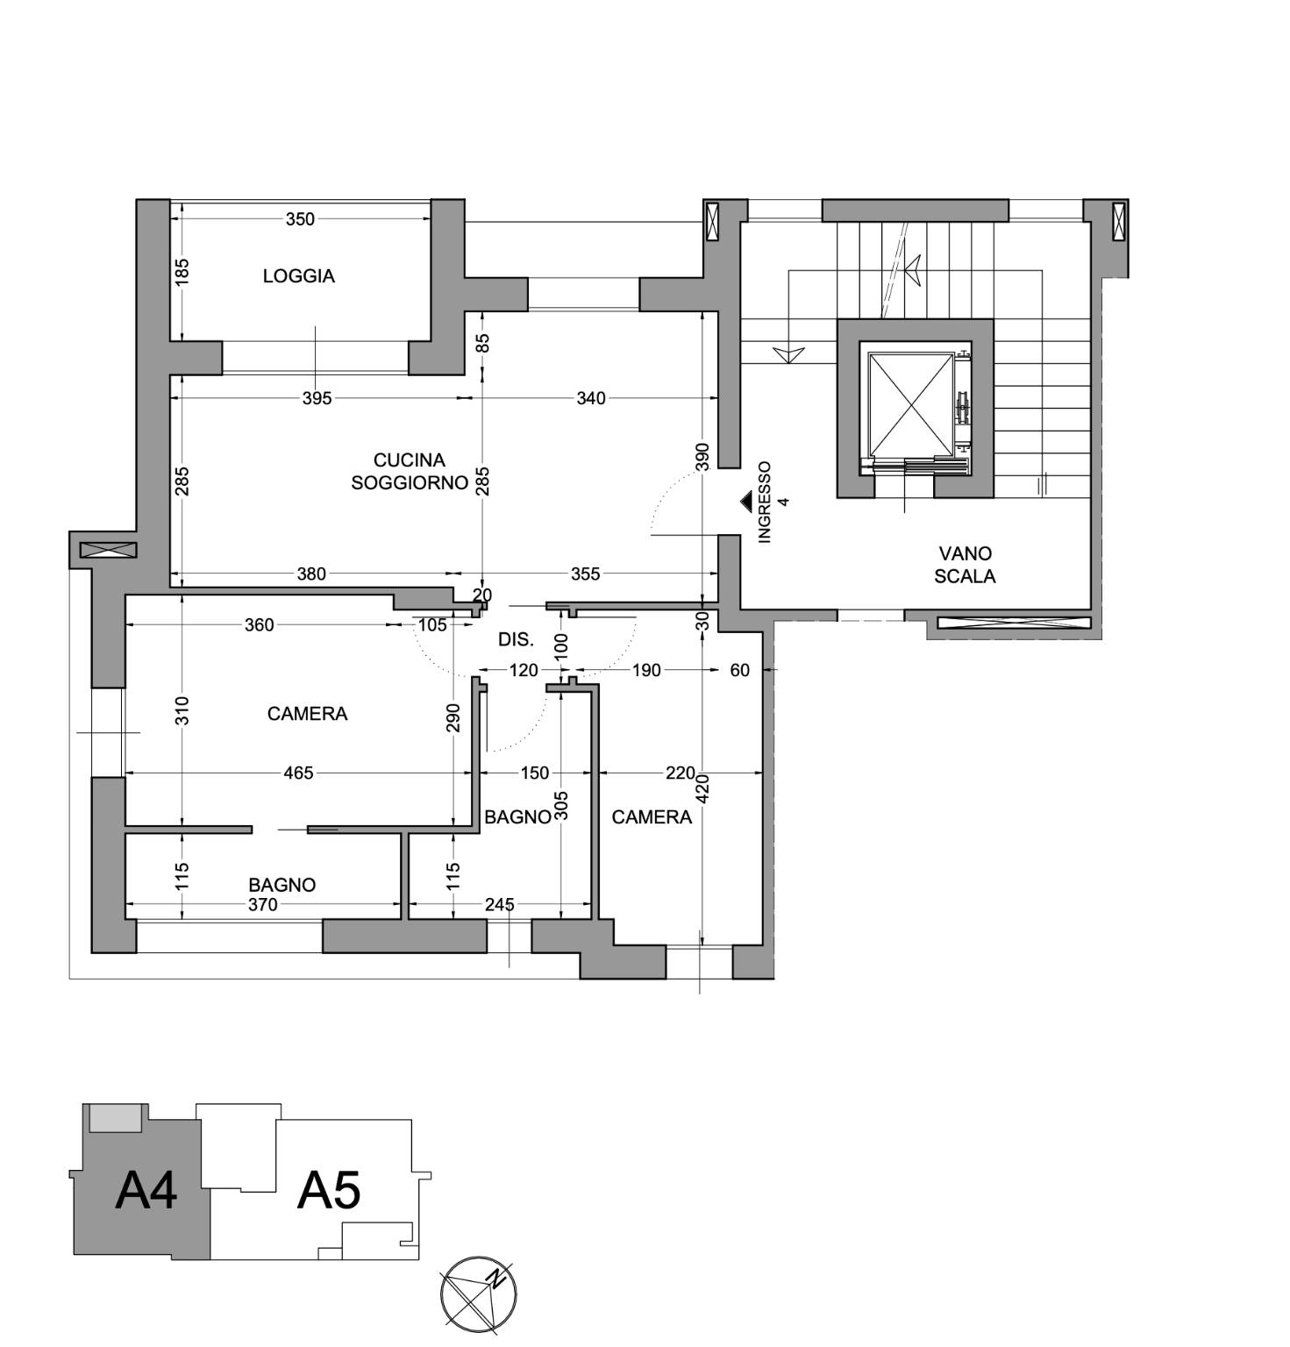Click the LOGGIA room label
[298, 276]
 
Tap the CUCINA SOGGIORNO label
[410, 471]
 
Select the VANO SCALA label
[965, 565]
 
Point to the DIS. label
[516, 640]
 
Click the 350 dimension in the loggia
[300, 219]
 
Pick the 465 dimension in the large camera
[298, 773]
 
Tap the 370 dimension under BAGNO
[262, 905]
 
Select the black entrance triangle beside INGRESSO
[746, 501]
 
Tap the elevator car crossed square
[910, 404]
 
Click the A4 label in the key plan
[146, 1191]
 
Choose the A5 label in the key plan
[329, 1191]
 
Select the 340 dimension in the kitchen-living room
[591, 398]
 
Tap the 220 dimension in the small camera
[681, 773]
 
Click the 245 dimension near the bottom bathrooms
[499, 904]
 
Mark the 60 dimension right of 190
[740, 670]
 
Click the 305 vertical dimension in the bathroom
[562, 807]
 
